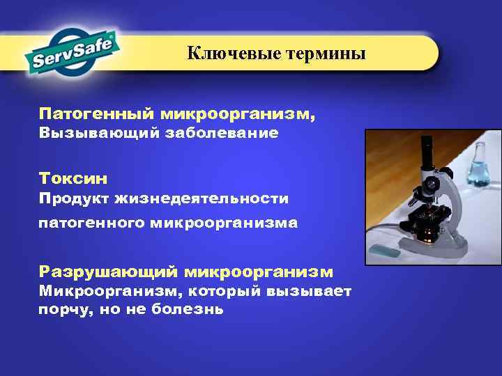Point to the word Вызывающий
(98, 132)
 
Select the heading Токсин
(68, 178)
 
